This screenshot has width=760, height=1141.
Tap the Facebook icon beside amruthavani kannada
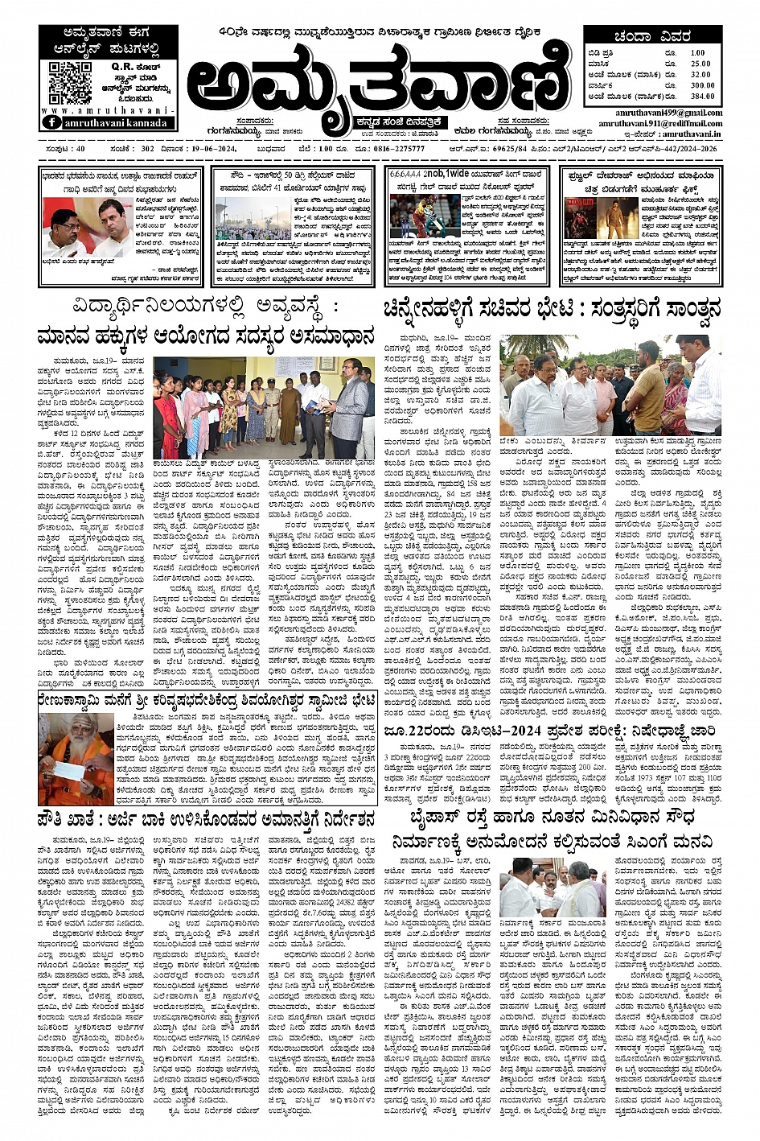[x=52, y=122]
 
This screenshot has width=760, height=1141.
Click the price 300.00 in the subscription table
[x=702, y=84]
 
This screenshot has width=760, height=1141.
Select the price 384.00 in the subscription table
[x=702, y=95]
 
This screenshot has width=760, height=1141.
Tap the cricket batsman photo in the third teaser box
[x=413, y=216]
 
